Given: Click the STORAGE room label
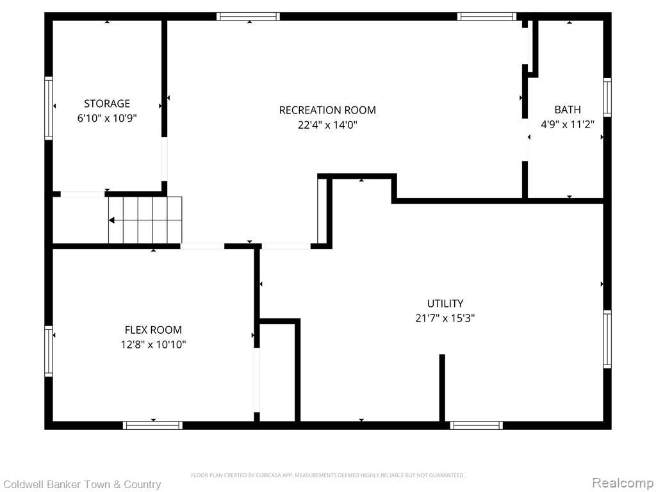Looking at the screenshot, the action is pos(107,103).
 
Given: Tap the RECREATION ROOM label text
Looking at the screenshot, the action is pos(327,110).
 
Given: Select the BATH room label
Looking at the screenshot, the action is pos(568,110).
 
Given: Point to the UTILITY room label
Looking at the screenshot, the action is pos(445,303).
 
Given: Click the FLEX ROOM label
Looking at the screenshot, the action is pos(153,330).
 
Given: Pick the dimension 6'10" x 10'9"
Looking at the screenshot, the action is pos(107,119).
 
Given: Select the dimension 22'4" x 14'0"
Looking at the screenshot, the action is pos(327,125).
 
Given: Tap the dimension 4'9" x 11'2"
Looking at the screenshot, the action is pos(568,124).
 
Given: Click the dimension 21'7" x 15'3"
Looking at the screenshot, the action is pos(445,318).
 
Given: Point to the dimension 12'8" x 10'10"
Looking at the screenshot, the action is pos(153,345).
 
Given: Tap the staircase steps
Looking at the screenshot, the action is pos(145,220).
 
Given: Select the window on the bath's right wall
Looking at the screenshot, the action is pos(607,97).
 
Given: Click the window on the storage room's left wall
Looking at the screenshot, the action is pos(49,108).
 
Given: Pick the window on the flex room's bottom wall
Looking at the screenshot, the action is pos(152,425).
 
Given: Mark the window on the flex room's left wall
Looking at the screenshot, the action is pos(49,351).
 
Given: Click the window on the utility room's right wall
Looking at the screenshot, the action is pos(607,340).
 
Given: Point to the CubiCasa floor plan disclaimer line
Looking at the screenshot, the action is pos(327,475).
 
